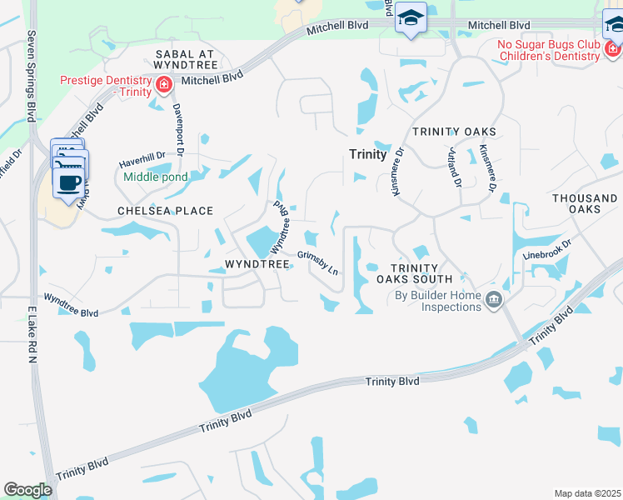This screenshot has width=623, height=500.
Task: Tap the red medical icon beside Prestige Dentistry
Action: click(x=165, y=83)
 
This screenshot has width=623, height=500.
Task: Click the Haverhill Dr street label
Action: click(x=142, y=157)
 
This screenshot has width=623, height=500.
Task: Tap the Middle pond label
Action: click(x=156, y=177)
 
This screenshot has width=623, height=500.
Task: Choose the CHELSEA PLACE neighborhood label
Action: click(x=165, y=212)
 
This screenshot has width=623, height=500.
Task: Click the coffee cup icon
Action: click(x=70, y=182)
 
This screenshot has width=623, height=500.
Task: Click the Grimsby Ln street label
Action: click(x=318, y=262)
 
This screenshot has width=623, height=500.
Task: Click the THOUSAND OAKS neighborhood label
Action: click(x=585, y=203)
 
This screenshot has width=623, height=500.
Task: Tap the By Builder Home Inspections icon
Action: click(x=494, y=299)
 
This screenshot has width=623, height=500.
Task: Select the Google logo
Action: click(x=27, y=490)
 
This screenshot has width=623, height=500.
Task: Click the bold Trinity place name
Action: click(x=367, y=155)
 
